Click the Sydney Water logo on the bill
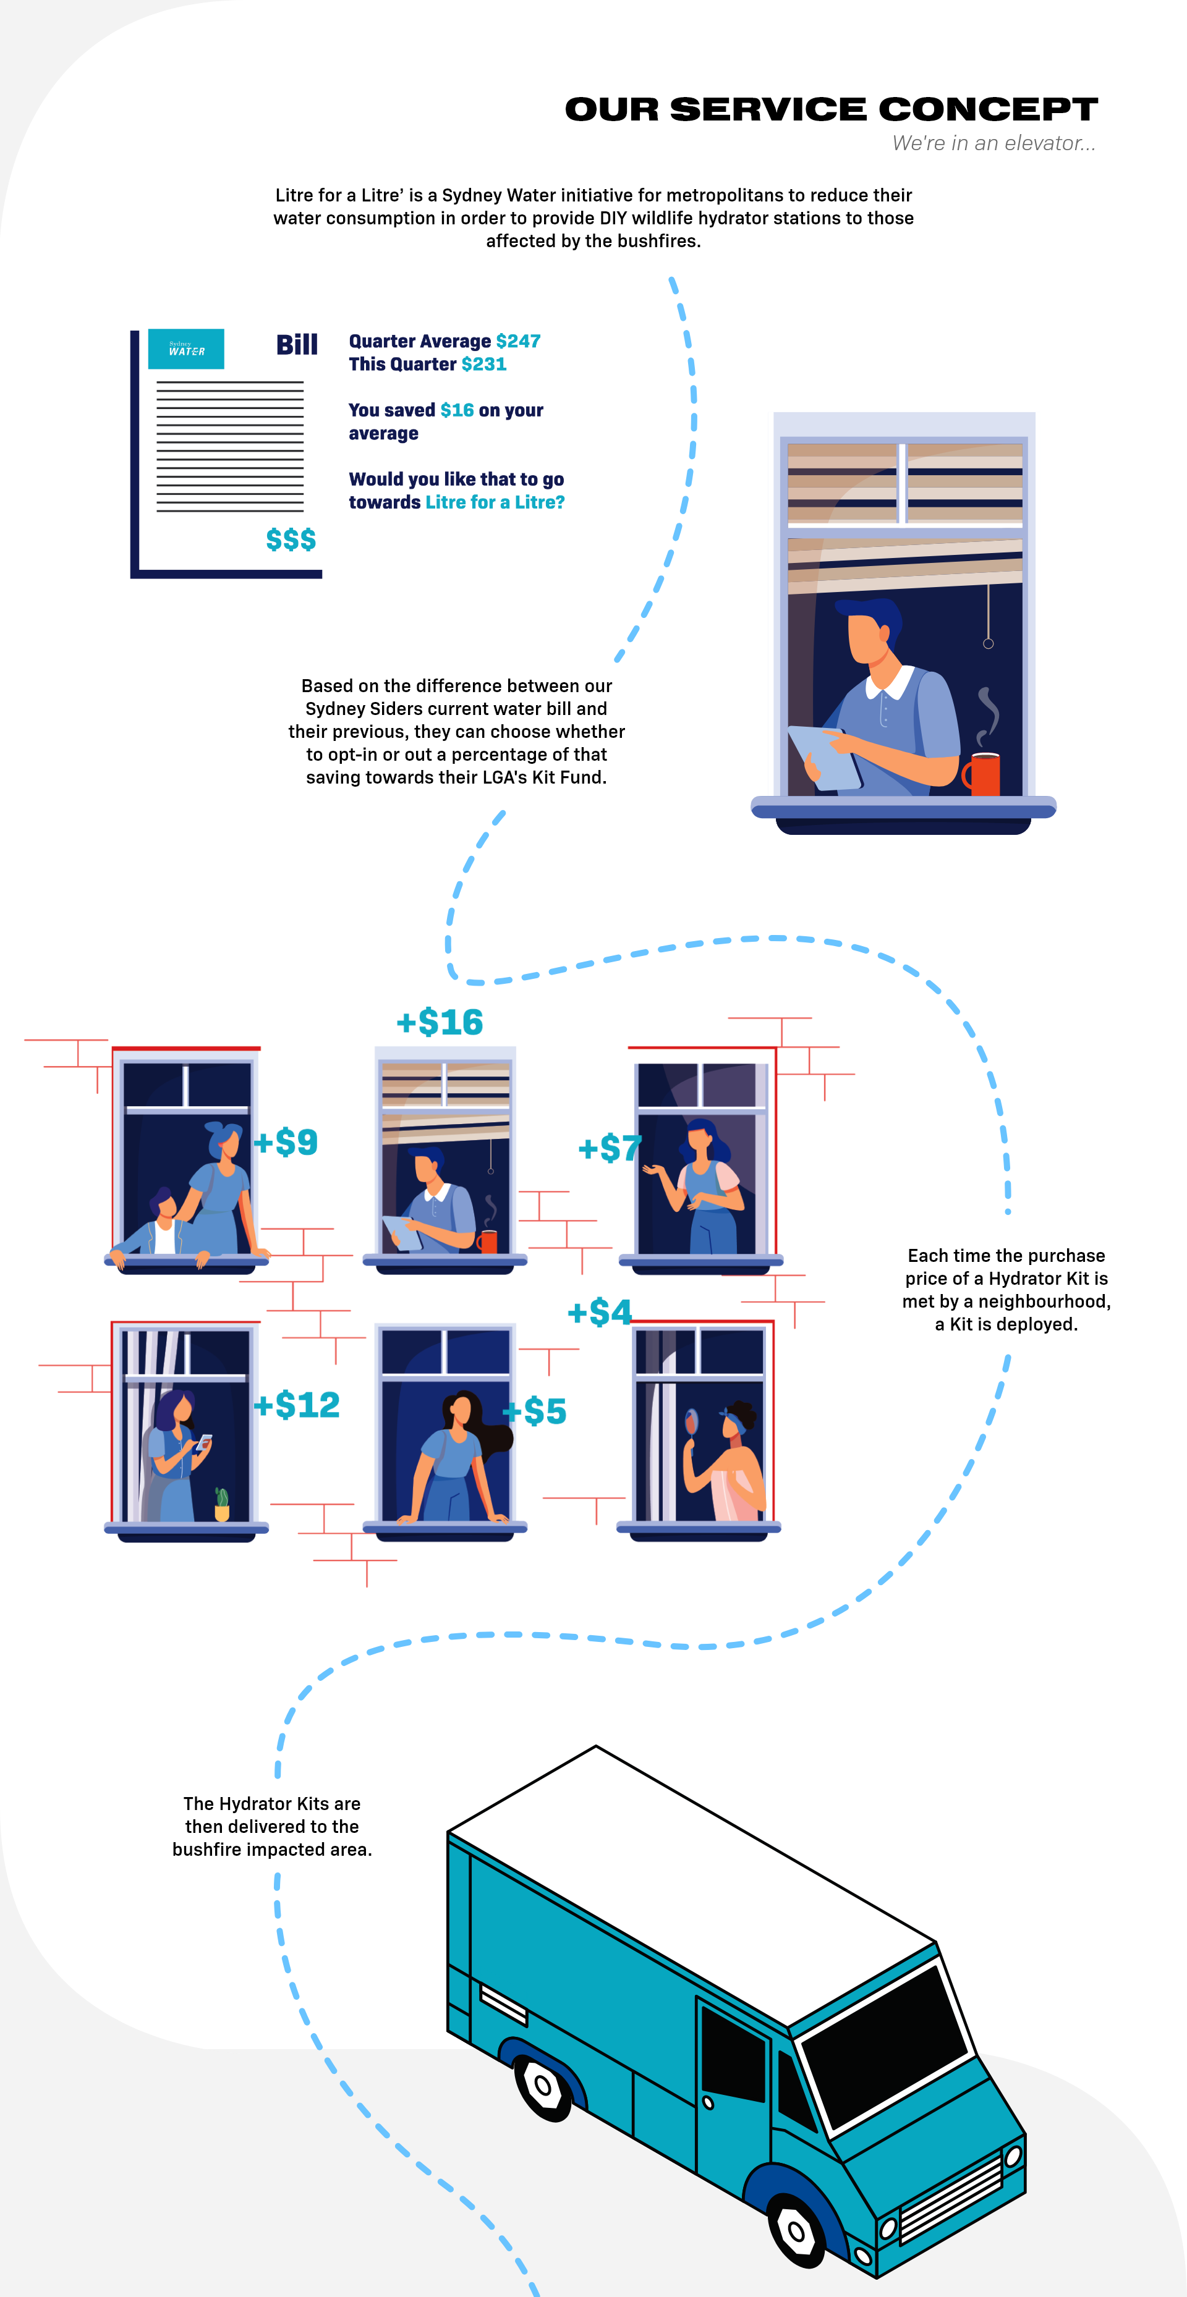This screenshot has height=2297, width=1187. [185, 349]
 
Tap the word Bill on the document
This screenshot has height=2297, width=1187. [297, 344]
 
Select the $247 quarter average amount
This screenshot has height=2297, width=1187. [518, 341]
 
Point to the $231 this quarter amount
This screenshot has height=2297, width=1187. [484, 364]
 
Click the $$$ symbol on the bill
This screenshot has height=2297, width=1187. [291, 539]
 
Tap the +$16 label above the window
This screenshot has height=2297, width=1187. [440, 1022]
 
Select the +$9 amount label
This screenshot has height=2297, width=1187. [286, 1142]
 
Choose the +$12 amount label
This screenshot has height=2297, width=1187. [297, 1405]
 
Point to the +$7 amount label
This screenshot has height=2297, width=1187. [609, 1148]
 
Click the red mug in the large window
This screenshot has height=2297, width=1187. [984, 774]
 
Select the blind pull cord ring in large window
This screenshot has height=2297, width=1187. [988, 643]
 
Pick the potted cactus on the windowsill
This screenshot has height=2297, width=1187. [222, 1504]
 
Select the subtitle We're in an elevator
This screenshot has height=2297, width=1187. [993, 143]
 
